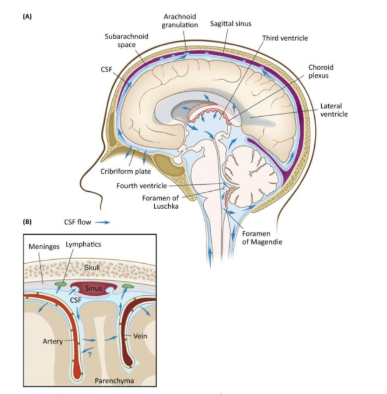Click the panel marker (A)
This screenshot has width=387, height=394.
[x=27, y=16]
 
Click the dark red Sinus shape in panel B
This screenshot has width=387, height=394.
[x=90, y=288]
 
